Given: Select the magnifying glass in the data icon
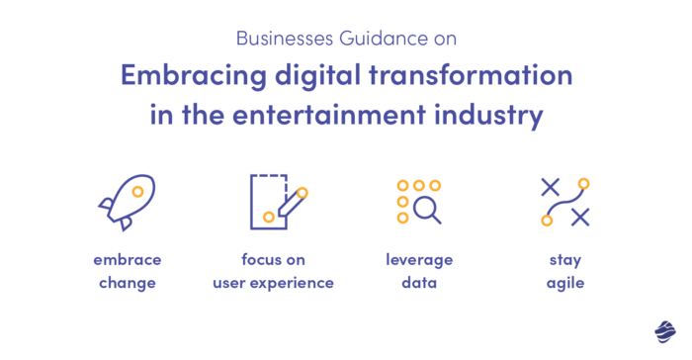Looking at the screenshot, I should [427, 209].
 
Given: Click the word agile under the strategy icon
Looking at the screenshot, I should [565, 283].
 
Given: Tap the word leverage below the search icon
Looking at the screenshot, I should [419, 260].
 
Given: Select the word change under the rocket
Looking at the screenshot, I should [127, 283].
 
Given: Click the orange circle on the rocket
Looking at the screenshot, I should [138, 192].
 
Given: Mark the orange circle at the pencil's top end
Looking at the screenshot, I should [302, 192].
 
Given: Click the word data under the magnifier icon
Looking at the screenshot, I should [419, 283].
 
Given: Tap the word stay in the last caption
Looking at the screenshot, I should [565, 260].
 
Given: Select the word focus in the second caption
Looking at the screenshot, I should [261, 260].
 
